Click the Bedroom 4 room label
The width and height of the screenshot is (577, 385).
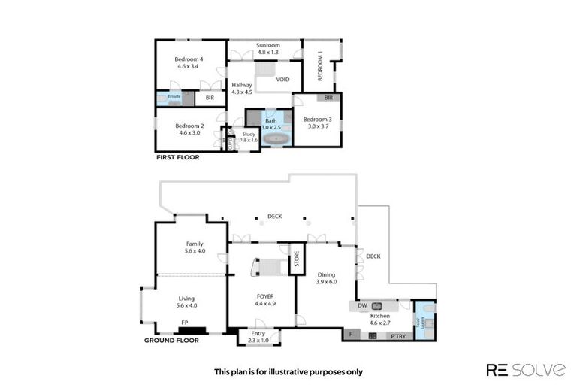pyautogui.click(x=189, y=59)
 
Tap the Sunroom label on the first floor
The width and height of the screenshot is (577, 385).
pyautogui.click(x=267, y=45)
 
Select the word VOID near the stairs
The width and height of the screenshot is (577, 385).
pyautogui.click(x=282, y=80)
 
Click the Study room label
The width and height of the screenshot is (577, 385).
pyautogui.click(x=249, y=134)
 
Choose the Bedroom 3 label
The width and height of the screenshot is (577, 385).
pyautogui.click(x=317, y=119)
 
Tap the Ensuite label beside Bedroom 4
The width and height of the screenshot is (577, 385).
pyautogui.click(x=174, y=97)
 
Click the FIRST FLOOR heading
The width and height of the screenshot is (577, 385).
pyautogui.click(x=177, y=158)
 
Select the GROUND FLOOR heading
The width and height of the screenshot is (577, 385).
pyautogui.click(x=171, y=340)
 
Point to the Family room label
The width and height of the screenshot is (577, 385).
pyautogui.click(x=195, y=244)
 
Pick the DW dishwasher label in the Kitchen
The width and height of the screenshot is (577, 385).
pyautogui.click(x=361, y=306)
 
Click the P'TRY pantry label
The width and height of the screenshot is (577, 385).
pyautogui.click(x=397, y=336)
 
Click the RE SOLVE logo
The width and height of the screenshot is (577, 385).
pyautogui.click(x=525, y=369)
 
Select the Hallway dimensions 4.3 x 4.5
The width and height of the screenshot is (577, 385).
pyautogui.click(x=242, y=92)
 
